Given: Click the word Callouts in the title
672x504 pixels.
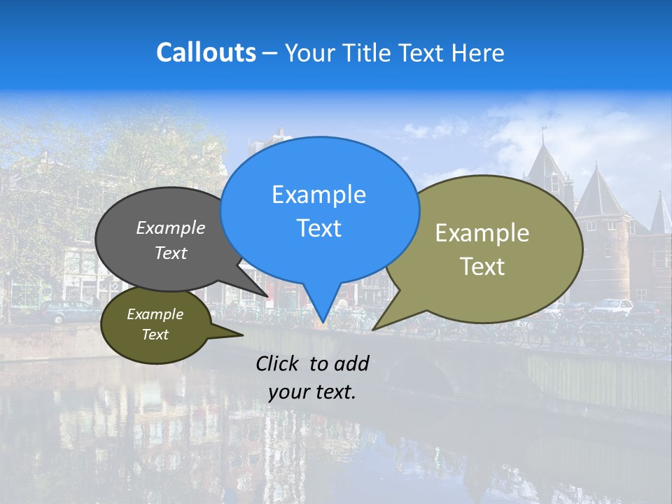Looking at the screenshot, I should (206, 52).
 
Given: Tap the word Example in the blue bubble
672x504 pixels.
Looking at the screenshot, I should (318, 195).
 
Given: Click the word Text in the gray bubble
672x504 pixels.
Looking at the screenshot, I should (171, 253).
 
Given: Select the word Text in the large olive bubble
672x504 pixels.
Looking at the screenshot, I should (482, 266).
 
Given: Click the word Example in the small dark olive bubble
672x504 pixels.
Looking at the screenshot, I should (155, 314).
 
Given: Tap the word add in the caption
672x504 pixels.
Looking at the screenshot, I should (351, 363).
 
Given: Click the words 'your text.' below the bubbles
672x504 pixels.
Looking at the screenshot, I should (312, 392).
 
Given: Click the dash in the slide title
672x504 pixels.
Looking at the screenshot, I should (270, 52).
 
